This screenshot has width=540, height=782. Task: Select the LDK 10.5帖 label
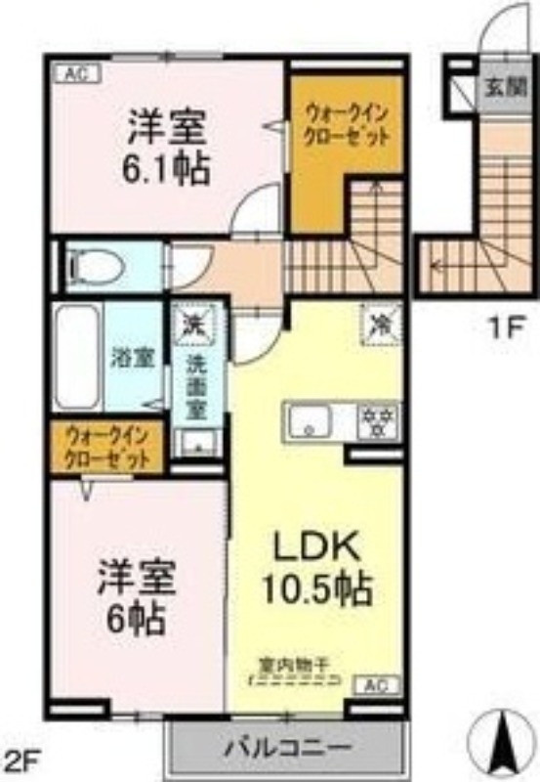(312, 566)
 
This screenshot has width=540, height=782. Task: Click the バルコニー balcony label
(287, 748)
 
